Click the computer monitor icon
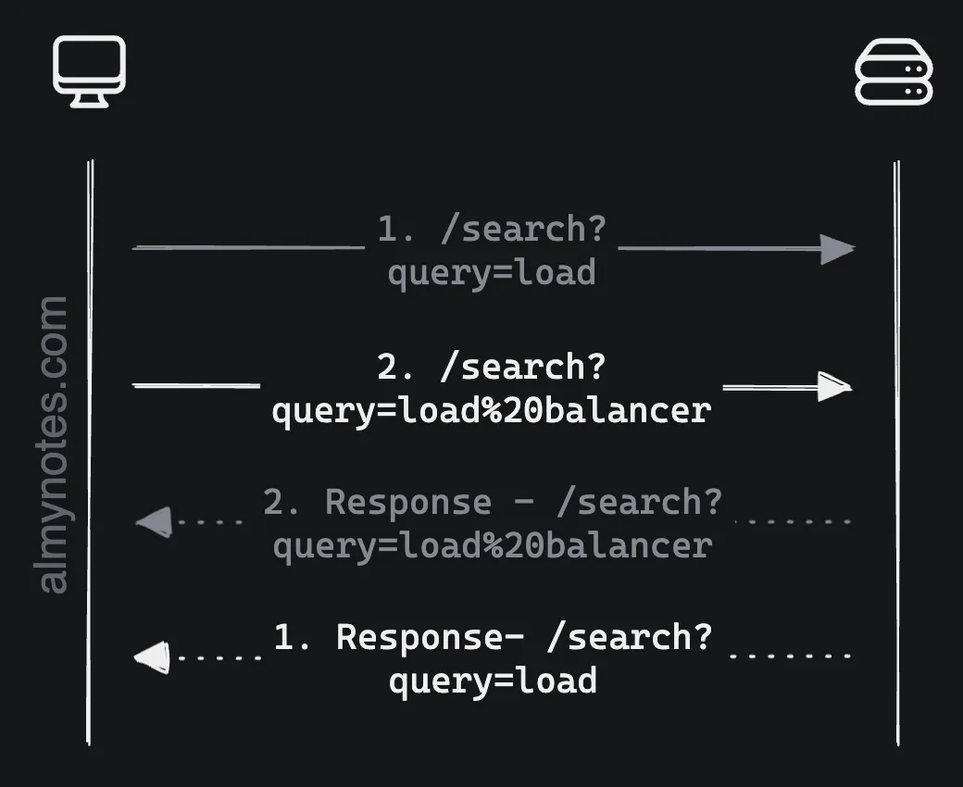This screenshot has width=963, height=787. (x=89, y=70)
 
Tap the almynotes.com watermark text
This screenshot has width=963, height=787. (x=55, y=444)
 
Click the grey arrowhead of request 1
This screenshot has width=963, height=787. (x=837, y=249)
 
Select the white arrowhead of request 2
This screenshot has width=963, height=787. (x=834, y=386)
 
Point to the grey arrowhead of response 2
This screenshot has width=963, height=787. (x=154, y=522)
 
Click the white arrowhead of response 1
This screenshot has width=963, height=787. (x=153, y=657)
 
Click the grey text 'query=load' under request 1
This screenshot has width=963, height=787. (x=491, y=273)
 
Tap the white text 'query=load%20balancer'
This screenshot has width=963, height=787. (x=491, y=409)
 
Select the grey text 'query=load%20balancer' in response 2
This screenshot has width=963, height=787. (x=492, y=545)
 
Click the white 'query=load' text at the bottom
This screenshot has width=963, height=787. (x=492, y=681)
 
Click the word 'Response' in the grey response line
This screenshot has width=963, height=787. (x=407, y=502)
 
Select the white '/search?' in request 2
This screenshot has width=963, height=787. (x=522, y=368)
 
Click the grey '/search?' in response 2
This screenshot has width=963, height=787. (x=639, y=502)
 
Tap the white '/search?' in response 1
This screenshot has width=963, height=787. (x=630, y=637)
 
